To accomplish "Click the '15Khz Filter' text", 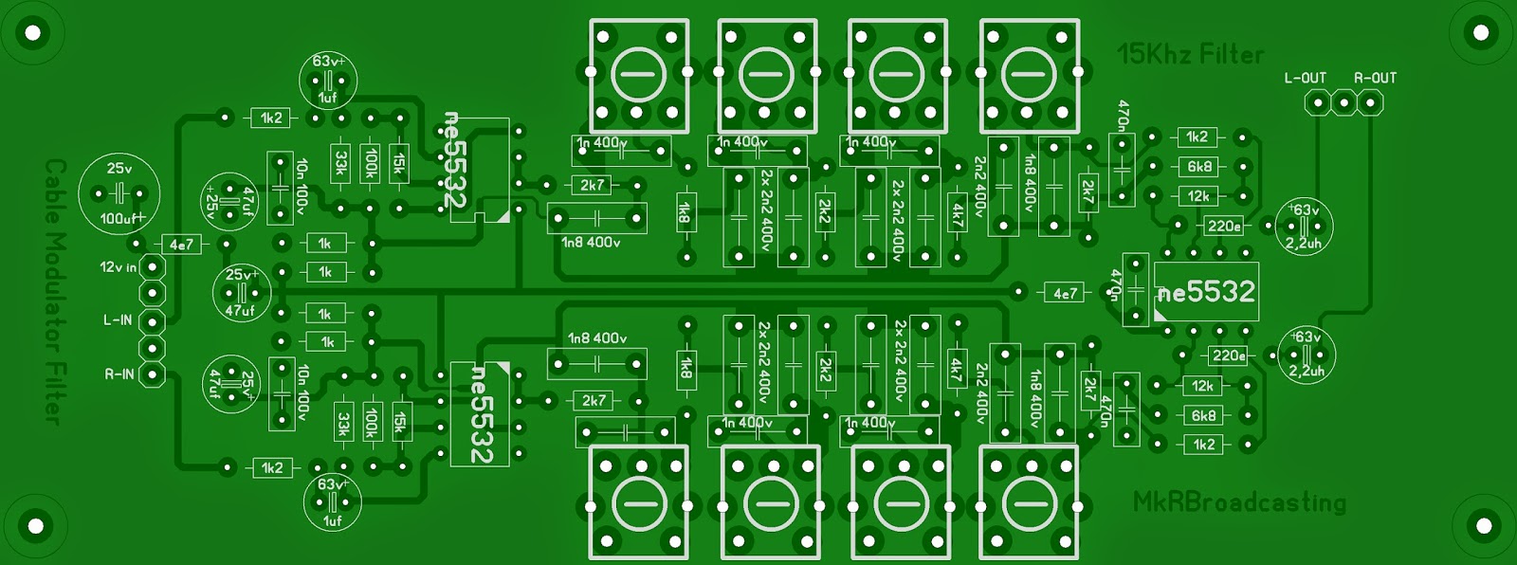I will click(x=1190, y=54).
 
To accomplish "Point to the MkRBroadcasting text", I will click(x=1239, y=501).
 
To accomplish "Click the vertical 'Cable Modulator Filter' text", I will click(x=55, y=290).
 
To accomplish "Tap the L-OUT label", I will click(x=1305, y=78).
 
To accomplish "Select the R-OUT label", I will click(x=1375, y=78).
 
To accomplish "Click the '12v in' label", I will click(x=118, y=267).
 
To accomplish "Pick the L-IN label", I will click(x=118, y=320).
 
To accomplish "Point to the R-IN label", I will click(x=119, y=374).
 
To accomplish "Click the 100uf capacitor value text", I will click(x=120, y=219).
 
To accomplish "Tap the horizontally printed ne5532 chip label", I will click(x=1207, y=292).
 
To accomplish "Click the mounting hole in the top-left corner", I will click(x=33, y=33).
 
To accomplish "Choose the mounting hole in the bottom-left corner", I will click(x=35, y=525).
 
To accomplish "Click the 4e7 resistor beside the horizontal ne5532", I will click(x=1065, y=293).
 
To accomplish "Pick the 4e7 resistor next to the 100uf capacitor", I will click(x=181, y=245).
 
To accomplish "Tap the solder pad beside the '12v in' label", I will click(x=152, y=267).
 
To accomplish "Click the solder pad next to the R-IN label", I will click(x=152, y=374).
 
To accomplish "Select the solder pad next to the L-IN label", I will click(x=152, y=321).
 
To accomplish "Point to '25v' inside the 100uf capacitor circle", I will click(x=119, y=169).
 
